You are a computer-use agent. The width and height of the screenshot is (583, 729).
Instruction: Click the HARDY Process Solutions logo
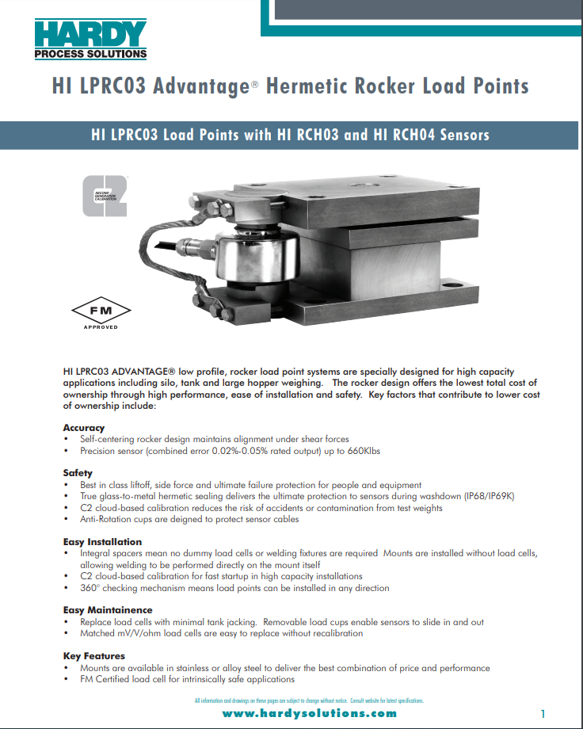(x=91, y=39)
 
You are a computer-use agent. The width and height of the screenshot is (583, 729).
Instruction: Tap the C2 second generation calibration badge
(x=105, y=197)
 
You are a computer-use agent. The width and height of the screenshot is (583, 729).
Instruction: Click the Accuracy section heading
(x=83, y=428)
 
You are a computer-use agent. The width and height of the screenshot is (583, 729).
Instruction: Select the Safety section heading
(x=78, y=473)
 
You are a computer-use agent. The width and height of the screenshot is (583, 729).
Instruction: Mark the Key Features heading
(x=93, y=656)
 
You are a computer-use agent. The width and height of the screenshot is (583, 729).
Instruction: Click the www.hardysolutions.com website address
(x=309, y=713)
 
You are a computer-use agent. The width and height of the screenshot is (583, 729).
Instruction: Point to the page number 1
(x=543, y=713)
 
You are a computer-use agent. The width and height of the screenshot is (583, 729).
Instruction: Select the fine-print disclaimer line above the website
(x=309, y=700)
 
